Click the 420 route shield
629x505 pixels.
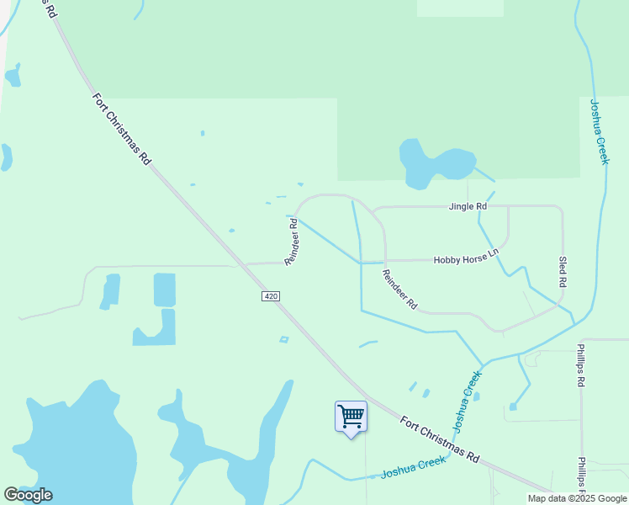click(270, 296)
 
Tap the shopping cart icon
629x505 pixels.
click(351, 416)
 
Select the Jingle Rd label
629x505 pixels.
click(468, 206)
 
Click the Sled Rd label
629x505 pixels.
click(562, 272)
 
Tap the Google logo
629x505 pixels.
click(28, 495)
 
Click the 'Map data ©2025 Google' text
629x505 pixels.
click(578, 498)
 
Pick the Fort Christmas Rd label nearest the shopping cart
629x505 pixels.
click(439, 439)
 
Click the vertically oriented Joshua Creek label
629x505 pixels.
click(598, 131)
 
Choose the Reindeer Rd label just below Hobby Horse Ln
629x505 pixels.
click(399, 290)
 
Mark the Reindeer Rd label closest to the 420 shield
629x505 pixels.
click(292, 242)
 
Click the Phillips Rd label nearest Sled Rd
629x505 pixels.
click(580, 364)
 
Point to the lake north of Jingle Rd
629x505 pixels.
click(433, 163)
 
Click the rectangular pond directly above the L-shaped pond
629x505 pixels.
click(165, 290)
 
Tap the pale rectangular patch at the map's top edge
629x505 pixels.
click(460, 8)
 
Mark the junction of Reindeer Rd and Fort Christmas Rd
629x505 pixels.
click(245, 264)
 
